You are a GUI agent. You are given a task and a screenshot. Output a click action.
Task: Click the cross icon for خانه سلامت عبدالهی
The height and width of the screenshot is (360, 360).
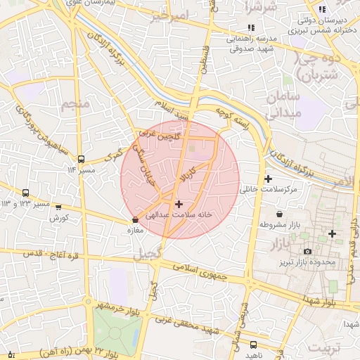pyautogui.click(x=179, y=203)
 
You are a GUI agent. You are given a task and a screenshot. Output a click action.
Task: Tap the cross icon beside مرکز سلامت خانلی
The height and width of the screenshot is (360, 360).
pyautogui.click(x=268, y=179)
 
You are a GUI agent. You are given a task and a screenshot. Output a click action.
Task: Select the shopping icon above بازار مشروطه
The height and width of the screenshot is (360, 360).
pyautogui.click(x=281, y=214)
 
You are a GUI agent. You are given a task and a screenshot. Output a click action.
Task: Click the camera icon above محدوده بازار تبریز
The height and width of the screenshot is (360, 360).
pyautogui.click(x=307, y=252)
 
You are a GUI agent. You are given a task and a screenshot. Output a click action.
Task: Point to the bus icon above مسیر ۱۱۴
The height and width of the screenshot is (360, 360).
pyautogui.click(x=81, y=159)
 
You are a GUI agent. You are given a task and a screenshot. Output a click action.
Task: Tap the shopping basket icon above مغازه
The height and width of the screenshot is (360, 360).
pyautogui.click(x=135, y=220)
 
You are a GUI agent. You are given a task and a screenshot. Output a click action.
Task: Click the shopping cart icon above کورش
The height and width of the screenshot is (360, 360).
pyautogui.click(x=58, y=207)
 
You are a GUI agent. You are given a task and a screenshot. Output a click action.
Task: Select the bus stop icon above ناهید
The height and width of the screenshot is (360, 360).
pyautogui.click(x=254, y=345)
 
